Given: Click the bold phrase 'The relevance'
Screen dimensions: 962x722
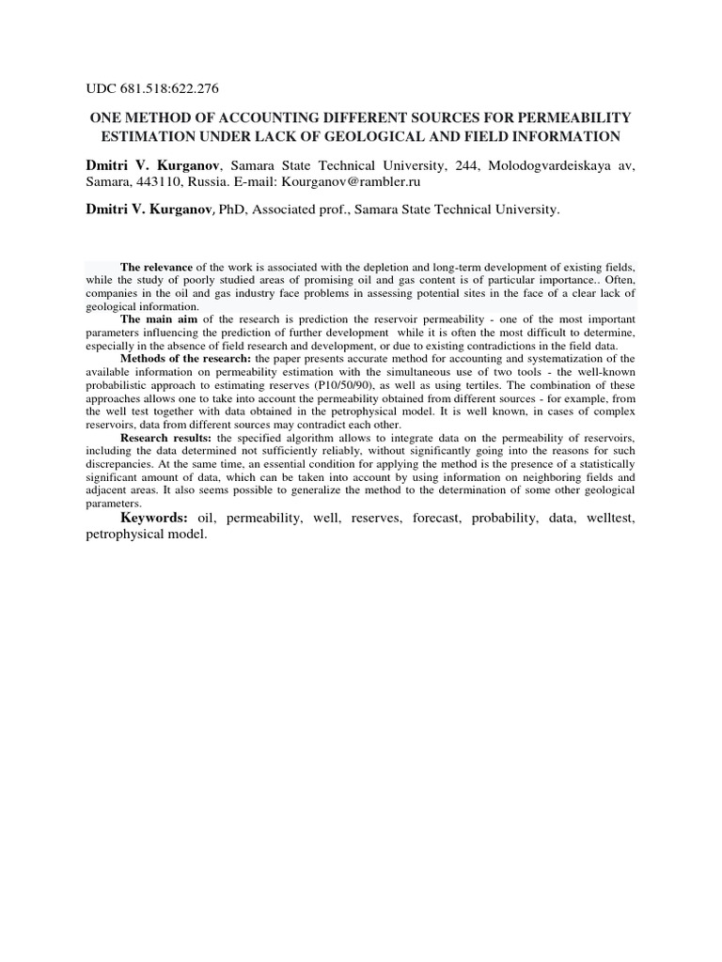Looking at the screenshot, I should pyautogui.click(x=156, y=267).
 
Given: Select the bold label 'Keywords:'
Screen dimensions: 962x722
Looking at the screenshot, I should pyautogui.click(x=155, y=518).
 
